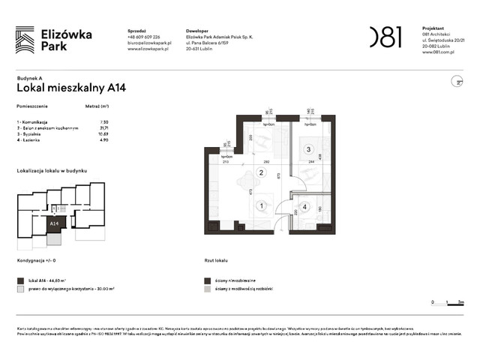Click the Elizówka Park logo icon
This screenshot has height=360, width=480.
25,39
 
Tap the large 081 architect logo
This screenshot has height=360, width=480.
385,37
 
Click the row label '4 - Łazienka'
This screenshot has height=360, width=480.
31,139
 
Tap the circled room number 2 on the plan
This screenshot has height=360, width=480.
262,173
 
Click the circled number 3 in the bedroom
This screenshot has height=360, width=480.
307,150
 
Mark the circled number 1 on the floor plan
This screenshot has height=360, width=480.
262,205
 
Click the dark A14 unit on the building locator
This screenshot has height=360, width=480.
55,223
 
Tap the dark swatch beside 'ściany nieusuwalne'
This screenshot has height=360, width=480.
207,279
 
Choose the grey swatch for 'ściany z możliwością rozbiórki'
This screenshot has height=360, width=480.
207,289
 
